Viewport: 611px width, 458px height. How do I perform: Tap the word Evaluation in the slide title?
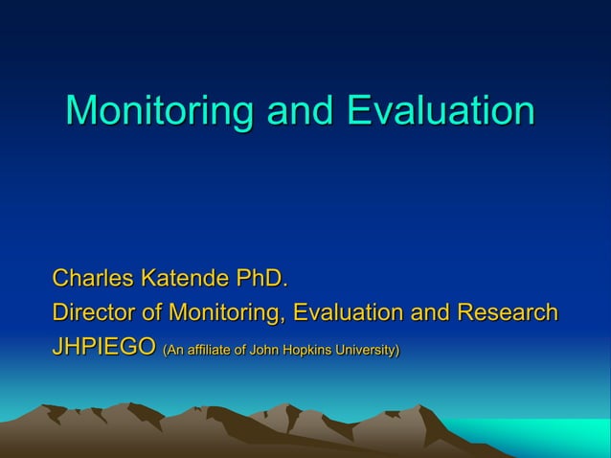(440, 111)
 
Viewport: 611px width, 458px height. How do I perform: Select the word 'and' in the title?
(301, 111)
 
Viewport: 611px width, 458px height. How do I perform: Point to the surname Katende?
(186, 280)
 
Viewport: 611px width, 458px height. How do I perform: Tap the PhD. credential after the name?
(260, 280)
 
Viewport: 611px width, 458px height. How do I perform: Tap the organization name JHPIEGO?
(103, 347)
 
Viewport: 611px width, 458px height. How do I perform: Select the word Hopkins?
(306, 350)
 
